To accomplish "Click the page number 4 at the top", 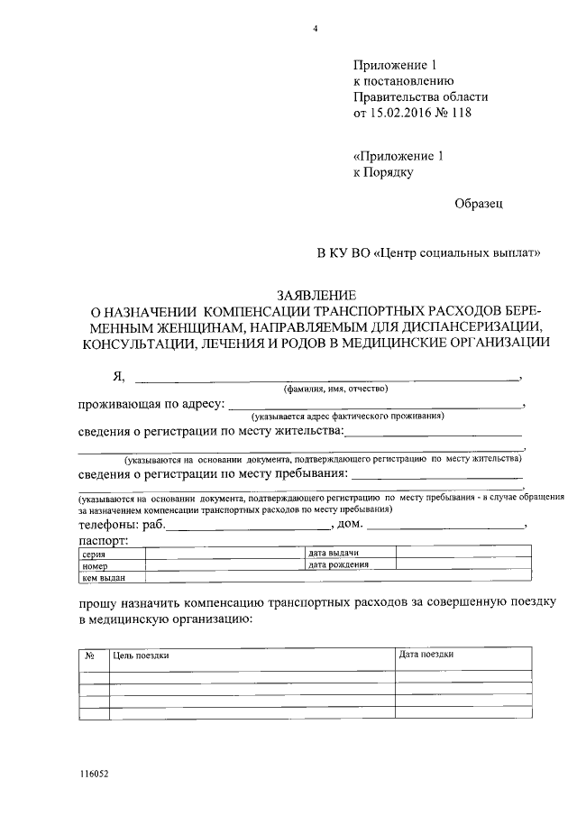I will (316, 29).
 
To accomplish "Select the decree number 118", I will (461, 114).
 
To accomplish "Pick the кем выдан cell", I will (101, 578).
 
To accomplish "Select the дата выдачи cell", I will (334, 553).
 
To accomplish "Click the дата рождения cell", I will (339, 565).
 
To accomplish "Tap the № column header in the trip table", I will (90, 656).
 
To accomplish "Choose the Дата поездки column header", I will (426, 655).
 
